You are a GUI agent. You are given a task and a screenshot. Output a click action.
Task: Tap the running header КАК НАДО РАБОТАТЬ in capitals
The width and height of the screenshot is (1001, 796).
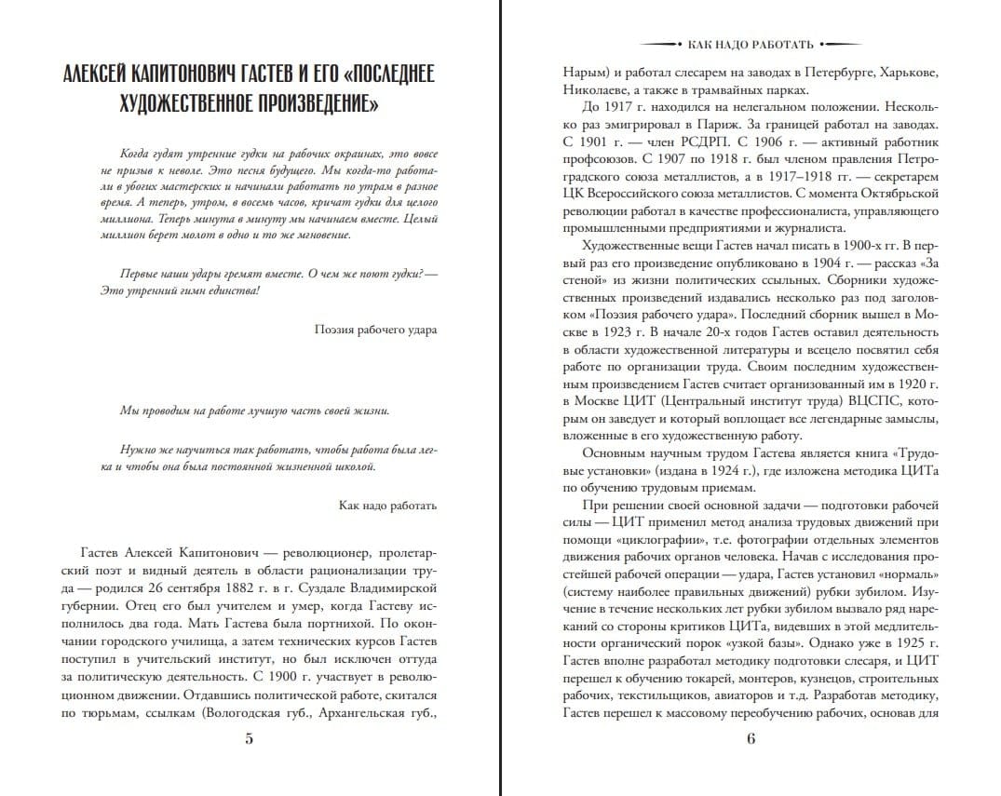coord(751,44)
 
